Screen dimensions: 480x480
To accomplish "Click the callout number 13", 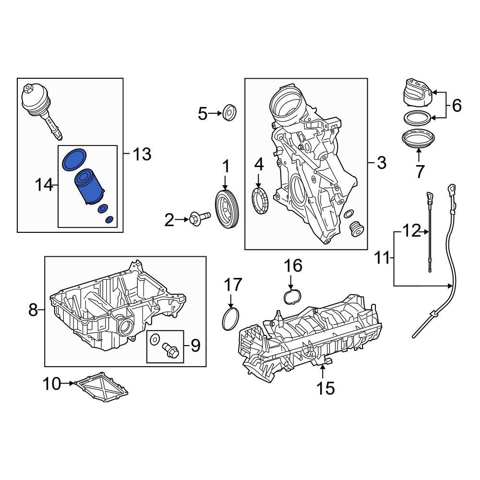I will click(x=141, y=154).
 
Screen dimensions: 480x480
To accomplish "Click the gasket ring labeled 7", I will click(x=418, y=139).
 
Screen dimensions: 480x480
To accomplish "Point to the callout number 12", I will click(x=411, y=231).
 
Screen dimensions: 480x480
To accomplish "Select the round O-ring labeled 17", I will click(x=231, y=319).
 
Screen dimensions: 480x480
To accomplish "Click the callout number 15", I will click(x=325, y=387).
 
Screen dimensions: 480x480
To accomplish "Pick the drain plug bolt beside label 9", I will click(x=170, y=350).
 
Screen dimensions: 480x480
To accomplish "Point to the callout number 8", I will click(x=33, y=310).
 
